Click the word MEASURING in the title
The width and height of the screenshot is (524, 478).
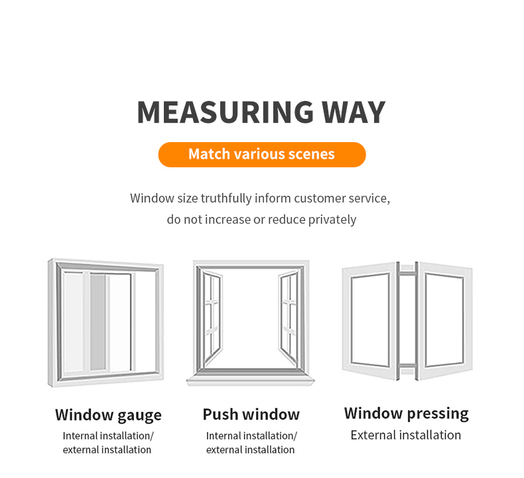click(x=226, y=112)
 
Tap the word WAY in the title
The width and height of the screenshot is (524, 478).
click(x=354, y=112)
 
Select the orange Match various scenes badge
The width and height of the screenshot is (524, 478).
click(x=262, y=155)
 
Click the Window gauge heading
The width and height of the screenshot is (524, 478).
click(x=108, y=415)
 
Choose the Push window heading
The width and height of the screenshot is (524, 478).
click(x=251, y=414)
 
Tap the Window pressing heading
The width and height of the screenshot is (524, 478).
click(x=407, y=414)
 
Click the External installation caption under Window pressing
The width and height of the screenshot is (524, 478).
click(x=406, y=435)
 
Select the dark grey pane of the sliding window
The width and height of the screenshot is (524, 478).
click(x=98, y=322)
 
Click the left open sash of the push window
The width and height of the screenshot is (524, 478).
click(x=212, y=318)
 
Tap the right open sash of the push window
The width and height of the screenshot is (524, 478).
click(x=289, y=318)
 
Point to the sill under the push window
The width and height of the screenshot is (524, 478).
click(x=251, y=380)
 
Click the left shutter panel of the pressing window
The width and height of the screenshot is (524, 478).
click(x=369, y=321)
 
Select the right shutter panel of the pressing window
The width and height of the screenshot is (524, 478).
click(x=446, y=321)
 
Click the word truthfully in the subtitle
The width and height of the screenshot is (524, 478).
click(x=226, y=199)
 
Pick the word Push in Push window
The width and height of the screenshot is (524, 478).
click(x=221, y=414)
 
